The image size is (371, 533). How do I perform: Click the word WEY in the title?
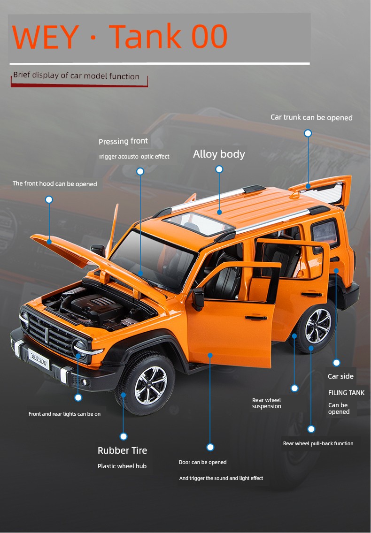coord(45,37)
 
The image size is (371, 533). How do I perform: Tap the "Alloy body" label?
coord(219,154)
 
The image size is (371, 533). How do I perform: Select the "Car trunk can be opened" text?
coord(311,118)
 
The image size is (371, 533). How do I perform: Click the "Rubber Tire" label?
coord(122,450)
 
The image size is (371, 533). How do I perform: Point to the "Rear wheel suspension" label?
coord(266,403)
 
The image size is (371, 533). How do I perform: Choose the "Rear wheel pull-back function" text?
coord(318,443)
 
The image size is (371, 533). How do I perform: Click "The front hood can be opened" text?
coord(55,183)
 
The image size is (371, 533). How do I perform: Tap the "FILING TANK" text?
coord(346,393)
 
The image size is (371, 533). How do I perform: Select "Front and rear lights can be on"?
coord(65,414)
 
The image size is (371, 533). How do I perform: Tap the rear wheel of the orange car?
coord(316,327)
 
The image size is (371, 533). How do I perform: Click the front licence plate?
coord(39,358)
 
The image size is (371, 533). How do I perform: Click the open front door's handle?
coord(256,318)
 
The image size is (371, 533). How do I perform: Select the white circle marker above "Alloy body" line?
coord(219,169)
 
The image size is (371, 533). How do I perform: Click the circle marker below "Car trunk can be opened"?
coord(308,133)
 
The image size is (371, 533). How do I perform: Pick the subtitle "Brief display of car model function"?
coord(76,76)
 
